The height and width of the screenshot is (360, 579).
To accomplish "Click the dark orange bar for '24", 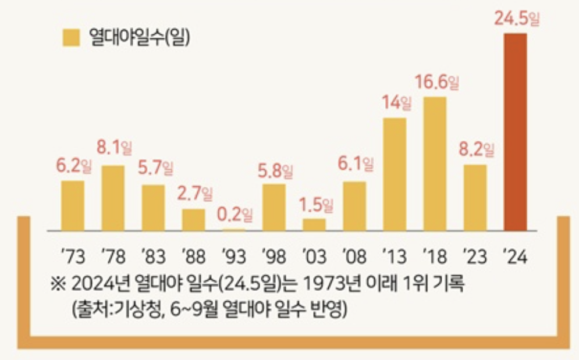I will coord(515,132).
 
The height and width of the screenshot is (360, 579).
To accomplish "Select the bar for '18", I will coord(435,163).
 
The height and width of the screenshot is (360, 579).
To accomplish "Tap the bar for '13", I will coord(395,174).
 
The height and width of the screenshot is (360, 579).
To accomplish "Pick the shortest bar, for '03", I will coord(314,224).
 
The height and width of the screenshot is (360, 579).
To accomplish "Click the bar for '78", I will coord(113,198).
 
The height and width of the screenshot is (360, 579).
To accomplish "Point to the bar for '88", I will coord(193,219).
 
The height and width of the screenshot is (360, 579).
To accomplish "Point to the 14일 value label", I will coord(396,104).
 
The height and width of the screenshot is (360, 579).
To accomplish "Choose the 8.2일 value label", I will coord(477,149).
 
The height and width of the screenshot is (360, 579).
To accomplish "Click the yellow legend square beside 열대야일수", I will coord(70,37).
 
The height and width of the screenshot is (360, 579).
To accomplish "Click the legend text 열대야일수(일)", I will coord(140,37).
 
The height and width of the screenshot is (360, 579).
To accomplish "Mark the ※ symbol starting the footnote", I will coord(59,286).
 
